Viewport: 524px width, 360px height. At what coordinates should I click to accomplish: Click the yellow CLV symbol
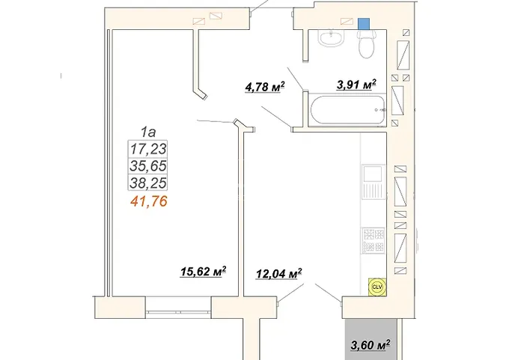point(377,287)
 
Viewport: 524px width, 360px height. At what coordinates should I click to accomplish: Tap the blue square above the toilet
point(364,24)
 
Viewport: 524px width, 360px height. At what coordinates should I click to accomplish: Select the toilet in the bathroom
point(367,44)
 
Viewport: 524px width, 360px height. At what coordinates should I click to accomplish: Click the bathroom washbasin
point(331,38)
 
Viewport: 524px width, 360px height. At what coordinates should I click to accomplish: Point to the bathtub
point(347,109)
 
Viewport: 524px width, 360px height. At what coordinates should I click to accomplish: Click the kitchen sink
point(374,182)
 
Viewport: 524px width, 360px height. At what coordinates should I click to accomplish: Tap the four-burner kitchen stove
point(374,240)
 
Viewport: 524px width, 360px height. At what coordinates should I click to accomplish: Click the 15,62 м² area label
point(203,271)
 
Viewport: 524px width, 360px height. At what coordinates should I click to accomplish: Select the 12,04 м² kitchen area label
point(279,273)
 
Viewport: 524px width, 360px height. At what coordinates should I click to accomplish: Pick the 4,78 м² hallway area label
point(265,87)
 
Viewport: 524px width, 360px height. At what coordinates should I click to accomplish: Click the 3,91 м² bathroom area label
point(356,85)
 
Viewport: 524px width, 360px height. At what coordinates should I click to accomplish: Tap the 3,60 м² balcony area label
point(371,344)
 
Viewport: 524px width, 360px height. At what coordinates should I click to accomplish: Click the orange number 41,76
point(149,201)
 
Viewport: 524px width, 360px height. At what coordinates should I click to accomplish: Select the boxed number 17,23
point(148,149)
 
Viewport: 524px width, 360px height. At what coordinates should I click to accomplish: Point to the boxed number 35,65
point(148,166)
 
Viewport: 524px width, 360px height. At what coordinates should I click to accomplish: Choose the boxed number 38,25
point(148,183)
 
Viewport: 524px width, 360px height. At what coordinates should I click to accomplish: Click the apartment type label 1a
point(148,132)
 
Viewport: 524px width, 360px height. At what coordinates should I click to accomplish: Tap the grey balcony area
point(371,339)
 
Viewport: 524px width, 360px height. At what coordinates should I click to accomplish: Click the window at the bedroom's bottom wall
point(179,312)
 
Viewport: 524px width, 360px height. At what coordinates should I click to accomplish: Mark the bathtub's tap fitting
point(380,109)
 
